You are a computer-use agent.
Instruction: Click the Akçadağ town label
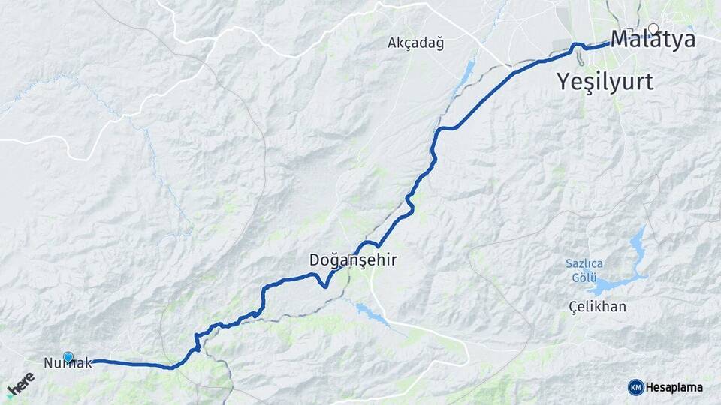point(415,43)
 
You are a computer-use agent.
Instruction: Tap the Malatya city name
point(653,40)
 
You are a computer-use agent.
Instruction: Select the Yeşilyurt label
point(605,81)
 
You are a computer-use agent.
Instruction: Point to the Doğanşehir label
point(352,260)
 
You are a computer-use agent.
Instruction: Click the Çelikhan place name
point(597,306)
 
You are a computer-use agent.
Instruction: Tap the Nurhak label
point(68,363)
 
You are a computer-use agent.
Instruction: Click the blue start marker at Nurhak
point(69,357)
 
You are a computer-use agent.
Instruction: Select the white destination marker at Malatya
point(653,29)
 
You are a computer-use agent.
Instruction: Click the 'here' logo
point(20,384)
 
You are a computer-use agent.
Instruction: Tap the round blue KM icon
point(635,387)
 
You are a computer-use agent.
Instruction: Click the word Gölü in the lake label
point(584,278)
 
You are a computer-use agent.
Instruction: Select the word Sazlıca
point(584,263)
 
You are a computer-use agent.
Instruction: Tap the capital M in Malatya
point(621,40)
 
